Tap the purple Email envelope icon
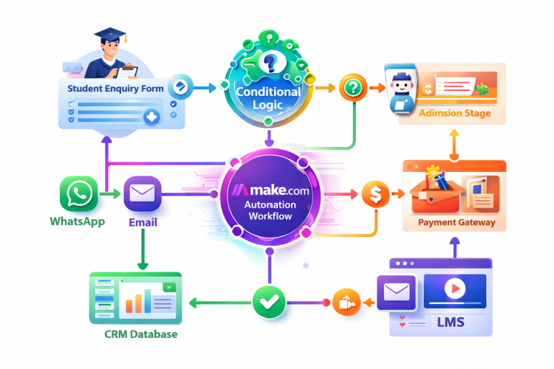click(140, 194)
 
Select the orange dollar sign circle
click(376, 195)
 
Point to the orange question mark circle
click(353, 89)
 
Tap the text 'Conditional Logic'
click(268, 99)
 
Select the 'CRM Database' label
click(140, 334)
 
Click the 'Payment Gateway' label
click(456, 222)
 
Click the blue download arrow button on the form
click(151, 117)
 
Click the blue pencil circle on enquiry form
click(179, 88)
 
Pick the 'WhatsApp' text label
click(78, 221)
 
